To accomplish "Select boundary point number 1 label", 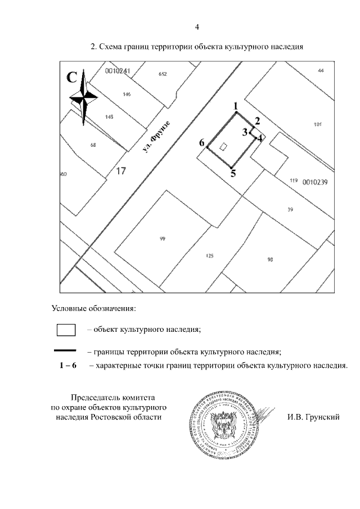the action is [236, 106].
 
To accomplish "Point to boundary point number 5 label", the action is [233, 173].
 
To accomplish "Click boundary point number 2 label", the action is [257, 121].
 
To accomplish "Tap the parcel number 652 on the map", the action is [163, 74].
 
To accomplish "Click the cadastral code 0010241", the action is [118, 71].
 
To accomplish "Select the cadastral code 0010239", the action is [315, 182].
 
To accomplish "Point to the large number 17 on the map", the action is [121, 172].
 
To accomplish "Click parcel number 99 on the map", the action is [163, 239].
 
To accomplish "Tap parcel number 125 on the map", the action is [210, 256].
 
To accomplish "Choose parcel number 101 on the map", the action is [318, 124].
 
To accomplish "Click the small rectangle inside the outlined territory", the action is [223, 147].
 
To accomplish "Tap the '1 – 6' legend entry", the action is [68, 366].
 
